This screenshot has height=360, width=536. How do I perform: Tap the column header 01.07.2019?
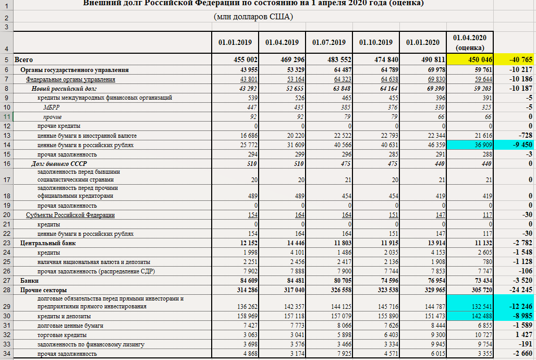tap(329, 42)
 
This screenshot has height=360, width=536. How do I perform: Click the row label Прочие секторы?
tap(44, 290)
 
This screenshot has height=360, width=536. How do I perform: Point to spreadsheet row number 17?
tap(6, 180)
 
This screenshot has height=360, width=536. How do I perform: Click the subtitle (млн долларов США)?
tap(253, 17)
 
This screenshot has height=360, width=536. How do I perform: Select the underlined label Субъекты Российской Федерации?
tap(70, 215)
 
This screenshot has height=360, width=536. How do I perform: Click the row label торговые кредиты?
tap(60, 335)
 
